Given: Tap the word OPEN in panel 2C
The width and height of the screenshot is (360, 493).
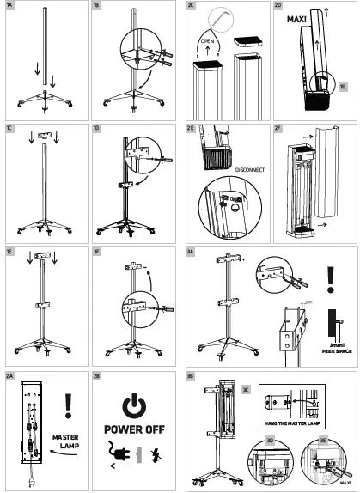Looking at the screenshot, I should (x=207, y=40).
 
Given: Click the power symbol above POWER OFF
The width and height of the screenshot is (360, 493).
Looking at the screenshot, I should (x=133, y=406).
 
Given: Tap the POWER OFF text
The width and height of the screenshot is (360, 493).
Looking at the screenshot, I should (x=133, y=430).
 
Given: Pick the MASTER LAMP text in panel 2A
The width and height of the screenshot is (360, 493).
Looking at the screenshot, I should (x=65, y=441).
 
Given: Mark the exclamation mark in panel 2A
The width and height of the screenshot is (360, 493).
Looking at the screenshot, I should (x=69, y=405).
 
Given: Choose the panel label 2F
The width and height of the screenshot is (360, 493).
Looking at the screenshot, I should (x=278, y=128).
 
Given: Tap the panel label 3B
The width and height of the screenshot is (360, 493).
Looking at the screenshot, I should (x=191, y=375).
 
